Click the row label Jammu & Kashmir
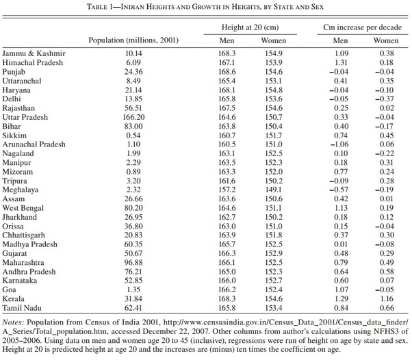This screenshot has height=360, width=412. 34,53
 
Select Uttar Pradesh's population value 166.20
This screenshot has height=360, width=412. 133,117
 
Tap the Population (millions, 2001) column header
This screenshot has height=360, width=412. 133,40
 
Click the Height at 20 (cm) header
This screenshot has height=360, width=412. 250,27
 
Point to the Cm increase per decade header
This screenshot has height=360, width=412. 362,27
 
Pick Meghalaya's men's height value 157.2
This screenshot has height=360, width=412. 227,190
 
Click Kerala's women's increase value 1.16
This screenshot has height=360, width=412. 387,298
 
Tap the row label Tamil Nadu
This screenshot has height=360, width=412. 22,308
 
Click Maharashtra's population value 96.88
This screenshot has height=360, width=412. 133,262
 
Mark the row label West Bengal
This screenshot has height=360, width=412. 23,208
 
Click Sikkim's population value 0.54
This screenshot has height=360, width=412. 133,136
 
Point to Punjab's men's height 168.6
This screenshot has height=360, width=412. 227,72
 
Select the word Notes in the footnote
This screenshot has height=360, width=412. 13,322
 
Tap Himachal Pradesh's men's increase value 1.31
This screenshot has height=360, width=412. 341,62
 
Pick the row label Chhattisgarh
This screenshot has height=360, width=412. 24,235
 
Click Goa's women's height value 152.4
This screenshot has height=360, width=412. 274,290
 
